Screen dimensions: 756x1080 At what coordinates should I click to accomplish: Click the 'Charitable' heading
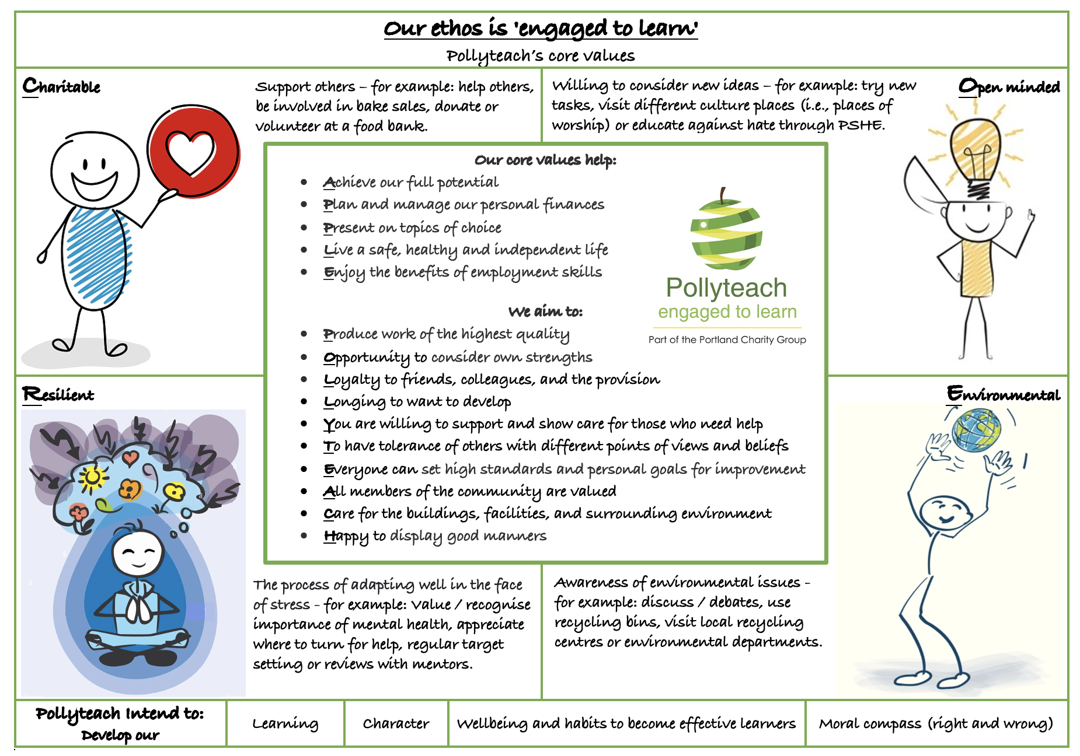[x=61, y=86]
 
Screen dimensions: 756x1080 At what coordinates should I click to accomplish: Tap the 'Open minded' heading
[x=1009, y=86]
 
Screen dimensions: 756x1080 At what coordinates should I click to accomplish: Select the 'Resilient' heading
[x=58, y=395]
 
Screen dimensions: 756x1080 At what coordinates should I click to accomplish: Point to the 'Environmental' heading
[x=1003, y=394]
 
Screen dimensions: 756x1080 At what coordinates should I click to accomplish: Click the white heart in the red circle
[x=190, y=152]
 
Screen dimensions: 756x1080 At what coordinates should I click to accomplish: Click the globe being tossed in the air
[x=976, y=429]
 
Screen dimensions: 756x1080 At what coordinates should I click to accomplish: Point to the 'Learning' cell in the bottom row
[x=285, y=723]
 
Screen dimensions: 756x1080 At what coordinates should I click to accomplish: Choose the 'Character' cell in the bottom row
[x=396, y=723]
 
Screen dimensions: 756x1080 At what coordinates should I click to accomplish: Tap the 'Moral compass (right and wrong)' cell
[x=936, y=723]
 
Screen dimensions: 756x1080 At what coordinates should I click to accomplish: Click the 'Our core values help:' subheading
[x=545, y=160]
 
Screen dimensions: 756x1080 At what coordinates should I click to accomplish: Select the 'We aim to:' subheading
[x=545, y=311]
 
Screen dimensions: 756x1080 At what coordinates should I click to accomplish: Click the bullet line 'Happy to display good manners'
[x=435, y=535]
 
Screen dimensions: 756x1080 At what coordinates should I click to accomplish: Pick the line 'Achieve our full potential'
[x=410, y=182]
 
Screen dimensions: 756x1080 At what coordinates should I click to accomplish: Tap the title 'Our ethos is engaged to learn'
[x=541, y=28]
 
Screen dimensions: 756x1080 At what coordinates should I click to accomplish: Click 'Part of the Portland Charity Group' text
[x=727, y=339]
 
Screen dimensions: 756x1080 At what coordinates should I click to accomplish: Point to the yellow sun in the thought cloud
[x=92, y=478]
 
